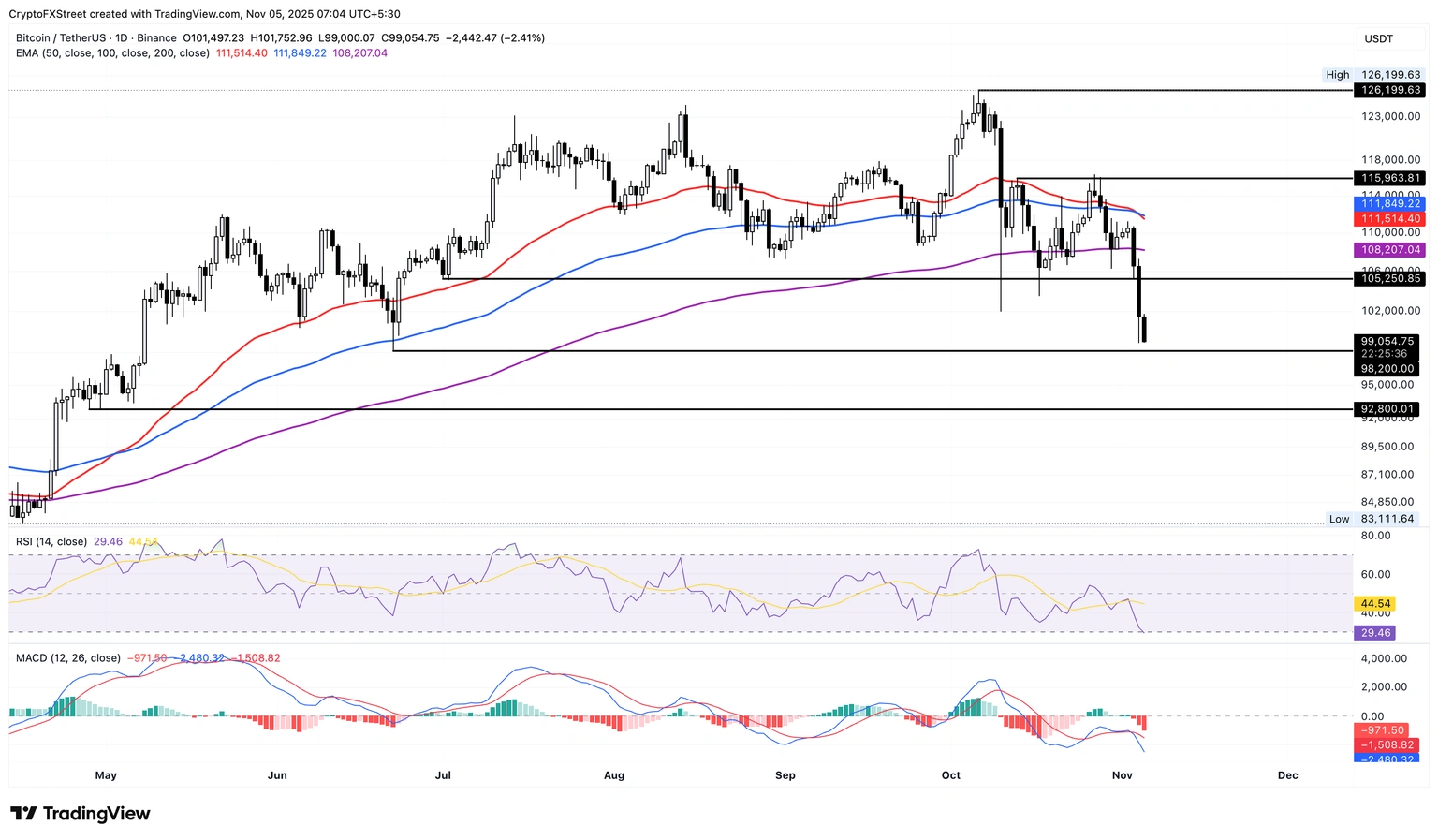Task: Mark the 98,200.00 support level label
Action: click(1387, 369)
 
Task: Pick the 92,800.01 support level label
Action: click(1387, 409)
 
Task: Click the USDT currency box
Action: click(1379, 38)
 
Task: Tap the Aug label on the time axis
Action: click(614, 775)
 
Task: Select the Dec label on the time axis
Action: click(1287, 775)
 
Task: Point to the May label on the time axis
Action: click(106, 775)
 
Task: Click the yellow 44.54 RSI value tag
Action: click(1375, 604)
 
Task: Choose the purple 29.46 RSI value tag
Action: click(1375, 633)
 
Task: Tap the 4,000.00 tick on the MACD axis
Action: click(1384, 658)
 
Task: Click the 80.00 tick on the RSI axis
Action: click(1375, 536)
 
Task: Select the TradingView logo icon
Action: click(23, 814)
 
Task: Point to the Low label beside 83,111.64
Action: click(1339, 519)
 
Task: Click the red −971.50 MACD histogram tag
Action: click(1385, 730)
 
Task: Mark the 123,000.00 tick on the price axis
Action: click(1390, 116)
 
